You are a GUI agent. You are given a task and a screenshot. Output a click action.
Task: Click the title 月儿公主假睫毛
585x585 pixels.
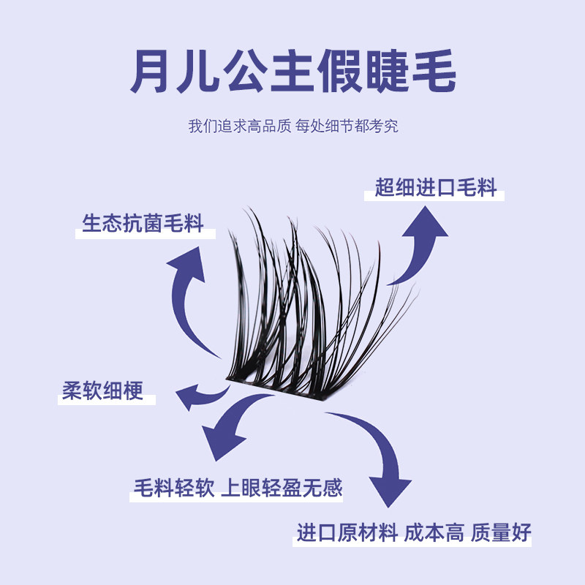[292, 71]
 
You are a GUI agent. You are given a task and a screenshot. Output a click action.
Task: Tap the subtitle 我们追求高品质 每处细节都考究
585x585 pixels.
[292, 126]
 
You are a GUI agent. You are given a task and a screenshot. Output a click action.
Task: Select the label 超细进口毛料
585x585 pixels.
[436, 188]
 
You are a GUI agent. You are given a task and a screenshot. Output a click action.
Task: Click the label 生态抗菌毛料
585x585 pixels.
[143, 223]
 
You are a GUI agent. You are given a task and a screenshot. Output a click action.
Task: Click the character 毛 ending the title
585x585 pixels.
[434, 71]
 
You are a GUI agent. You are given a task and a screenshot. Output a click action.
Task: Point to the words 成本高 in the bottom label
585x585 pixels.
[434, 532]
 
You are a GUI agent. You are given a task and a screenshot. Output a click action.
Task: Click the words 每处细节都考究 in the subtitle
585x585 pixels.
[347, 126]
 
